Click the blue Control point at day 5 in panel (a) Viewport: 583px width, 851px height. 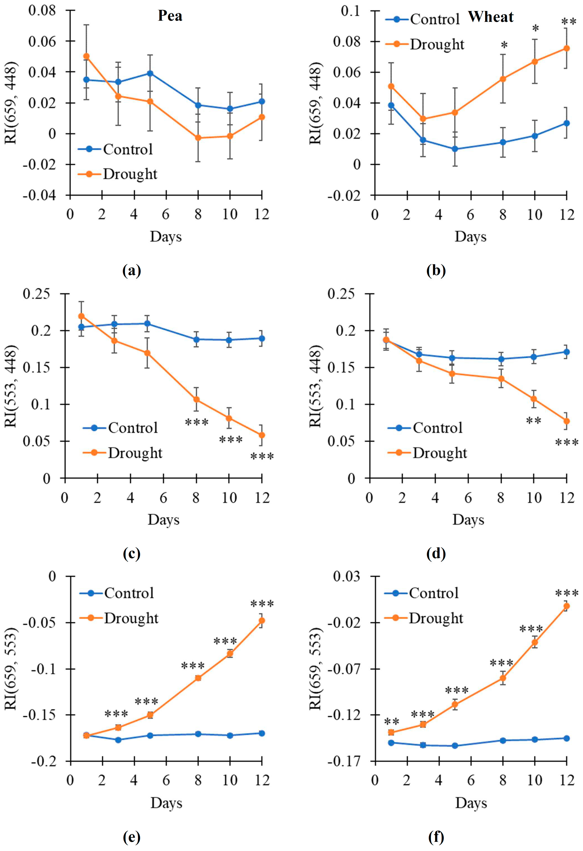150,73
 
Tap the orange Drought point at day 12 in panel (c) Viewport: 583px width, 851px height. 262,435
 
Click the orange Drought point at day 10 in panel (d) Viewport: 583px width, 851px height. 534,399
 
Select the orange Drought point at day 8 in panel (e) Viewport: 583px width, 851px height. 198,678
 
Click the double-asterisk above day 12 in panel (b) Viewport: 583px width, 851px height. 569,22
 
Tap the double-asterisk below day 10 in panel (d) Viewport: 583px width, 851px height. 534,421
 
